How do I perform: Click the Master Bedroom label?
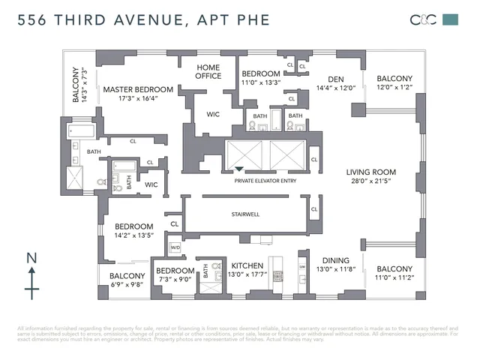click(x=138, y=89)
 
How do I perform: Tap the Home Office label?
click(x=208, y=71)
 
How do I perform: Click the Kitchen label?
click(x=246, y=266)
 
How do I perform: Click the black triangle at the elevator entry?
click(x=239, y=170)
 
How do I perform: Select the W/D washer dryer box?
click(x=175, y=247)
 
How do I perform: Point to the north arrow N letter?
click(x=31, y=259)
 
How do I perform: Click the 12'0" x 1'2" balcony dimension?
click(x=394, y=88)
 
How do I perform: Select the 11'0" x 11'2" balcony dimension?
click(x=394, y=278)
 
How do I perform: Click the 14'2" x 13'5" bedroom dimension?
click(x=133, y=236)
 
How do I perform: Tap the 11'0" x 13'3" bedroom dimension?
click(x=261, y=83)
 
